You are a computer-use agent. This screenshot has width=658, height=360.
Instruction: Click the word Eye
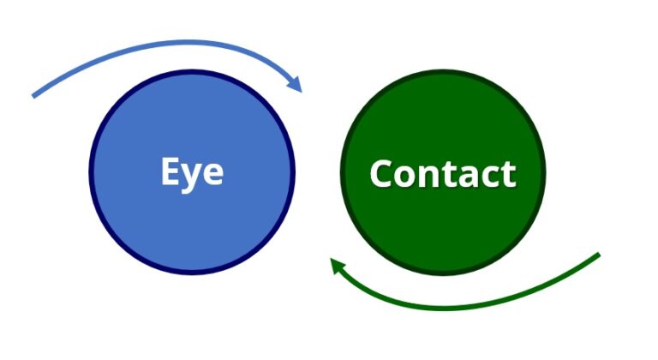click(x=192, y=172)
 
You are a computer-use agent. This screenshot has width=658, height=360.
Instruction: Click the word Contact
click(x=442, y=173)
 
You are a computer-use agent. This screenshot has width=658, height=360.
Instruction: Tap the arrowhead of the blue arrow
click(x=296, y=85)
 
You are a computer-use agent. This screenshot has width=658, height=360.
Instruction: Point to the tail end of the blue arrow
click(x=34, y=95)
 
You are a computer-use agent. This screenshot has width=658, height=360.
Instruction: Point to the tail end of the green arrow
click(x=598, y=255)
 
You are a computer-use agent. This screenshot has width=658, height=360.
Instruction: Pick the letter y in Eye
click(x=193, y=177)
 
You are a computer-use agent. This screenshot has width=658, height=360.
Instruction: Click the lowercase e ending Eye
click(x=213, y=174)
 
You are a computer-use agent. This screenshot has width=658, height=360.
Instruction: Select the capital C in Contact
click(x=381, y=173)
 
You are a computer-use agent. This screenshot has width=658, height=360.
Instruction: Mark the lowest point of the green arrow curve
click(x=454, y=307)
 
